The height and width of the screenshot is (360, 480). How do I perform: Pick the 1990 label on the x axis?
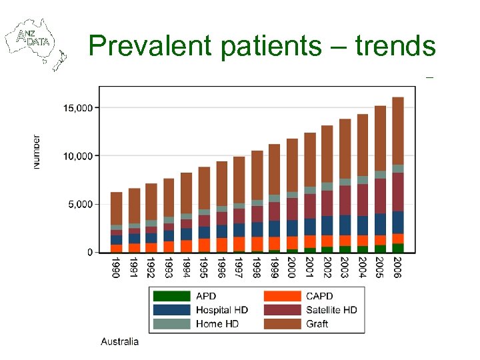(116, 268)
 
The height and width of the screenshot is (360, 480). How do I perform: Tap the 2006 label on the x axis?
(398, 268)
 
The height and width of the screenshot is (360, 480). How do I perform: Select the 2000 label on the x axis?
(292, 268)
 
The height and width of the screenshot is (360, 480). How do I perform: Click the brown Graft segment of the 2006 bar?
(398, 131)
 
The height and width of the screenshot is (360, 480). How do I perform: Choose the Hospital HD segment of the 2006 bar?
(398, 222)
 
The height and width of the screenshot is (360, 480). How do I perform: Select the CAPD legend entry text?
(320, 296)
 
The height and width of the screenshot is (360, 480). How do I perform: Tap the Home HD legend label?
(217, 324)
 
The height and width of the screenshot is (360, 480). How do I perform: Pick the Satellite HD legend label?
(331, 310)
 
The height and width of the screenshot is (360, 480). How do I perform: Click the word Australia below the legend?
(120, 342)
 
